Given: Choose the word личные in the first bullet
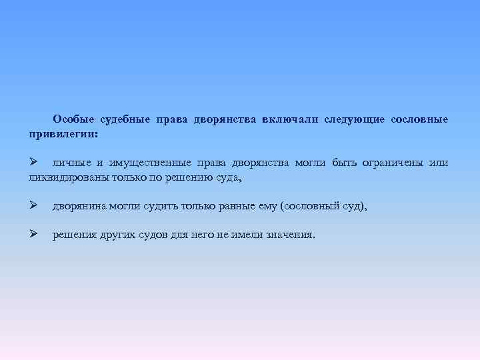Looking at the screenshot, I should pos(69,163).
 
